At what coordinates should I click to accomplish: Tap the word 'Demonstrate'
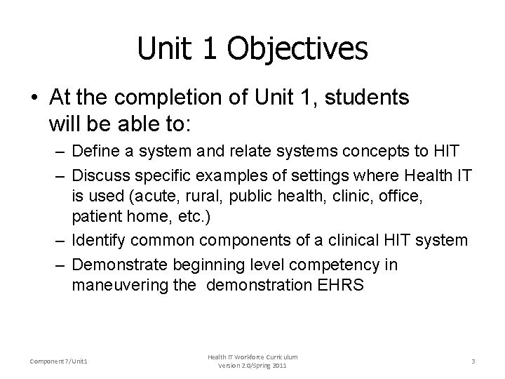click(x=115, y=265)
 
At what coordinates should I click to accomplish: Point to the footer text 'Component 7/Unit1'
click(x=60, y=361)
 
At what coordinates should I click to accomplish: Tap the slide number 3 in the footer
click(x=473, y=361)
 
